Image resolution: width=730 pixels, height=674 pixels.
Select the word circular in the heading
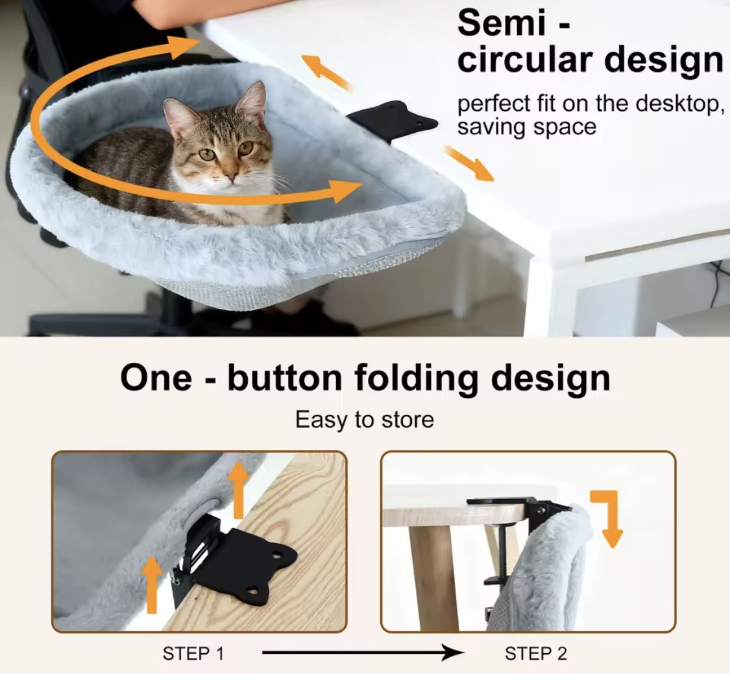pos(525,60)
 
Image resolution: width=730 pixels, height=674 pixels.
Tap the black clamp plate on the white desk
pos(395,121)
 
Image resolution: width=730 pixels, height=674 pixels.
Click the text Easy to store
pos(365,420)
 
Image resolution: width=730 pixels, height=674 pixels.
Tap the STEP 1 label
pos(193,653)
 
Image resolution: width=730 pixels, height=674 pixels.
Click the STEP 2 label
pos(536,653)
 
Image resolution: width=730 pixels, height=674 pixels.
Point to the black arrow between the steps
pos(363,653)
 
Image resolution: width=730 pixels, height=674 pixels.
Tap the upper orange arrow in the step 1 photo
pos(239,490)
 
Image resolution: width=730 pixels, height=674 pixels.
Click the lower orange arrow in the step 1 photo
pos(152,585)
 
